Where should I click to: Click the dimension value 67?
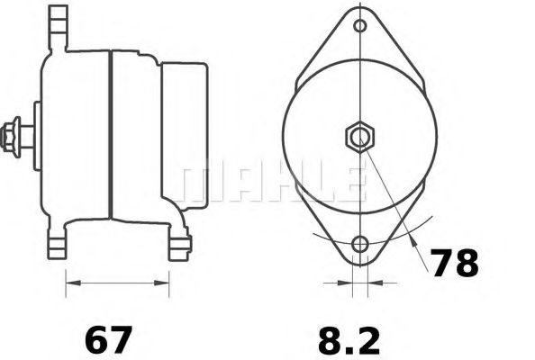[x=108, y=341]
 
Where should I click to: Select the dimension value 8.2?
[x=349, y=341]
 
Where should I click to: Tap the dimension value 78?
[x=453, y=264]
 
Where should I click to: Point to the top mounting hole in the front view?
[x=360, y=26]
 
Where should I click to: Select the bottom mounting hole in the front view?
[x=360, y=245]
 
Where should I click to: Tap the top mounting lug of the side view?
[x=59, y=22]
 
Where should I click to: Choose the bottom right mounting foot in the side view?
[x=178, y=241]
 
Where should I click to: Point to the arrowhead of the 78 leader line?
[x=413, y=243]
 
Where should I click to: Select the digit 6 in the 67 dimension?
[x=96, y=341]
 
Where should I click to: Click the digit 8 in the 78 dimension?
[x=466, y=264]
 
